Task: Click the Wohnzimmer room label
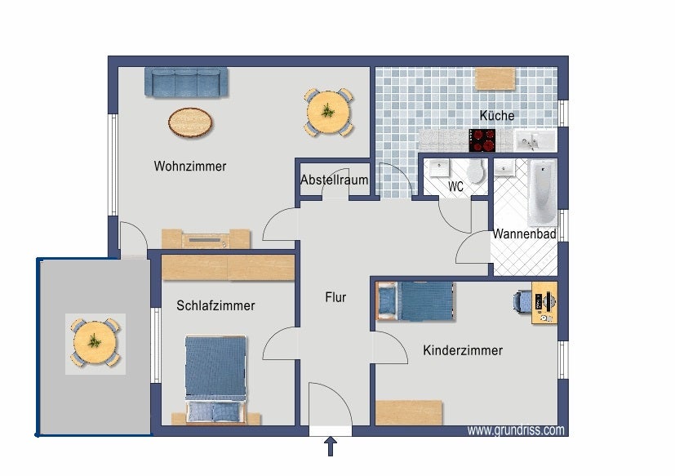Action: point(190,167)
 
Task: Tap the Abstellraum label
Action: point(334,180)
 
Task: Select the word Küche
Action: point(497,115)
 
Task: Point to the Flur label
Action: point(335,297)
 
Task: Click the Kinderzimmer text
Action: point(463,350)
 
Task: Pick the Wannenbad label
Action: point(524,234)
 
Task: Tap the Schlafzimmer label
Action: point(215,305)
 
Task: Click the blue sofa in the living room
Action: point(186,82)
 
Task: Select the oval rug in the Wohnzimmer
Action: point(190,122)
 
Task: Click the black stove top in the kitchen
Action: point(482,140)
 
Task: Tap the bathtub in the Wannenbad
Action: point(543,192)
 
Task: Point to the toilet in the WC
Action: point(476,171)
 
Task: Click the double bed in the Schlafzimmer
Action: point(215,380)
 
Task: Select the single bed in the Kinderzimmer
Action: point(415,301)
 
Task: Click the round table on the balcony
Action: point(95,343)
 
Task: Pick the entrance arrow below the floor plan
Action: point(331,447)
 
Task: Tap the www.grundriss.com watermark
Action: point(516,430)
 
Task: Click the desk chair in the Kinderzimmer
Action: point(522,301)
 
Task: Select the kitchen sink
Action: point(535,141)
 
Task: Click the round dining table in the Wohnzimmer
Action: point(328,112)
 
